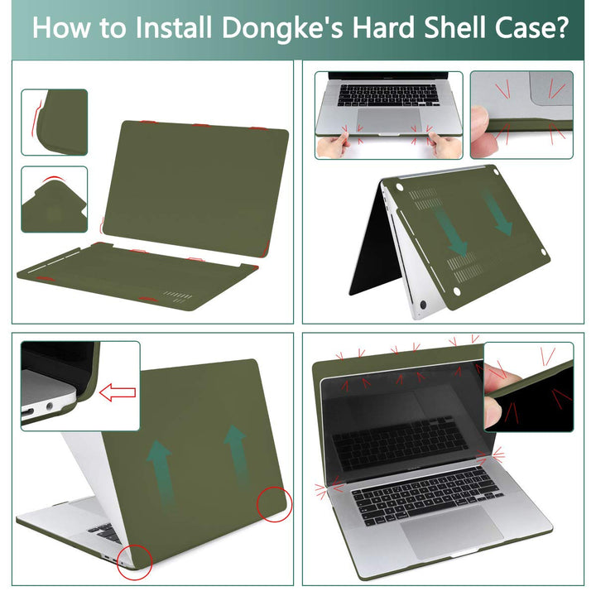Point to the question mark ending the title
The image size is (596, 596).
(x=560, y=29)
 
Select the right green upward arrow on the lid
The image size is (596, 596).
(x=236, y=454)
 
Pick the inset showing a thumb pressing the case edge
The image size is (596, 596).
(x=521, y=114)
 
